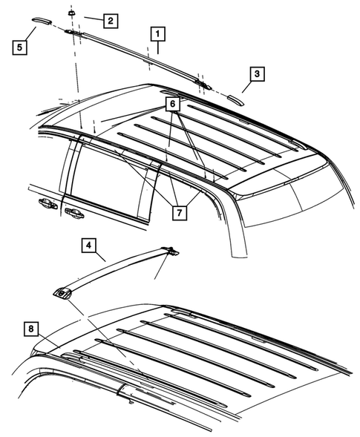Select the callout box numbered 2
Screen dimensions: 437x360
click(x=109, y=20)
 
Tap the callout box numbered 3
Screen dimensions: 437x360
click(x=257, y=74)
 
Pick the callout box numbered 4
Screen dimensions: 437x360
click(x=88, y=246)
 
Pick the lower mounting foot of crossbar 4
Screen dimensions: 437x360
click(x=63, y=294)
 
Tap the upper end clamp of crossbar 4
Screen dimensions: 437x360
click(x=168, y=252)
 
